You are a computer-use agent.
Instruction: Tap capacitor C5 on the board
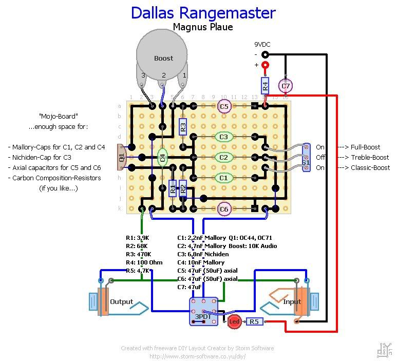point(223,106)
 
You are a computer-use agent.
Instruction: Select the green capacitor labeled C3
point(223,137)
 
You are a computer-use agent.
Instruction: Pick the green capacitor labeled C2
point(223,157)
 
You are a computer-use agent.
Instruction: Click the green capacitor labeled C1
point(223,178)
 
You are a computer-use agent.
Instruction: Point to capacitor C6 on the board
point(223,209)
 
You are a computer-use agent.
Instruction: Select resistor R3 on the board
point(183,126)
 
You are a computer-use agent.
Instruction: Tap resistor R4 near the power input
point(265,86)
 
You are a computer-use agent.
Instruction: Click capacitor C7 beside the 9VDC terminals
point(286,85)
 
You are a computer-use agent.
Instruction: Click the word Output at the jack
point(122,301)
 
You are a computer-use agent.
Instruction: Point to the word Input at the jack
point(292,301)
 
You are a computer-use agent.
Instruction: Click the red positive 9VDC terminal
point(265,65)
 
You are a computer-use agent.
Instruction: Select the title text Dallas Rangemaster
point(203,13)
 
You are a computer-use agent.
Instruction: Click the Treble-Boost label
point(370,157)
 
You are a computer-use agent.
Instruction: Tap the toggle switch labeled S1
point(306,157)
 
